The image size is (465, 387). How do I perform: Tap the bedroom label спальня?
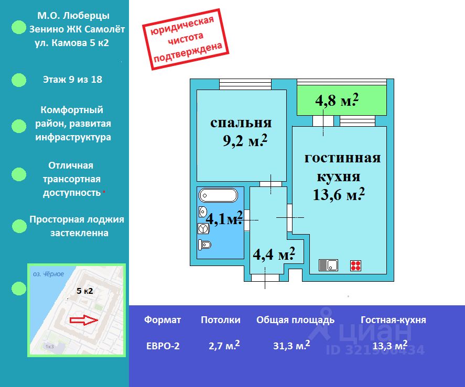tap(241, 123)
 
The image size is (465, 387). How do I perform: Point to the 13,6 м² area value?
tap(338, 195)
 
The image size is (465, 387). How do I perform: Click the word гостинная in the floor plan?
tap(342, 158)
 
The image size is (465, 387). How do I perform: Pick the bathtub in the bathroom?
tap(218, 196)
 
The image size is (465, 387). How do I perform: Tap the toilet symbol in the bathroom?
tap(205, 245)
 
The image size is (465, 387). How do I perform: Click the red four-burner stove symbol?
tap(356, 266)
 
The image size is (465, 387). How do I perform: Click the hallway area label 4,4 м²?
tap(274, 255)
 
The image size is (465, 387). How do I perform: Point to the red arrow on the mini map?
tap(83, 319)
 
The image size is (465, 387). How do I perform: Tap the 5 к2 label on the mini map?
tap(85, 291)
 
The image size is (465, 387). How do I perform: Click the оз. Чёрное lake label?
tap(48, 274)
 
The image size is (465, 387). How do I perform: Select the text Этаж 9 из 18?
tap(72, 80)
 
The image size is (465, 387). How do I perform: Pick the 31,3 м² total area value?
tap(291, 346)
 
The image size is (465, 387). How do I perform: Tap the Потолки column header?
tap(221, 319)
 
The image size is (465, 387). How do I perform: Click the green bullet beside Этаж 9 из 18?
tap(19, 80)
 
